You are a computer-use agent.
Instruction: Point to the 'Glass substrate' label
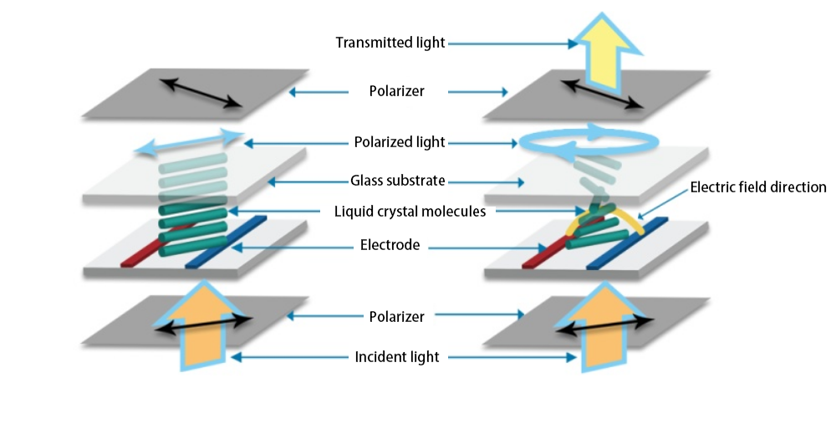coord(397,180)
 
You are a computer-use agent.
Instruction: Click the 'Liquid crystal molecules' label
coord(397,212)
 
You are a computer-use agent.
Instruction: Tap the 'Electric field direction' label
coord(758,187)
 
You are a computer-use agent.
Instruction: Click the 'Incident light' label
coord(397,357)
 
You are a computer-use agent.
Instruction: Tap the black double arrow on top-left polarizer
coord(201,92)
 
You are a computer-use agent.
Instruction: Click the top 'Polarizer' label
coord(397,91)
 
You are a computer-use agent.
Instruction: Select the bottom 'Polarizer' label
coord(397,316)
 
